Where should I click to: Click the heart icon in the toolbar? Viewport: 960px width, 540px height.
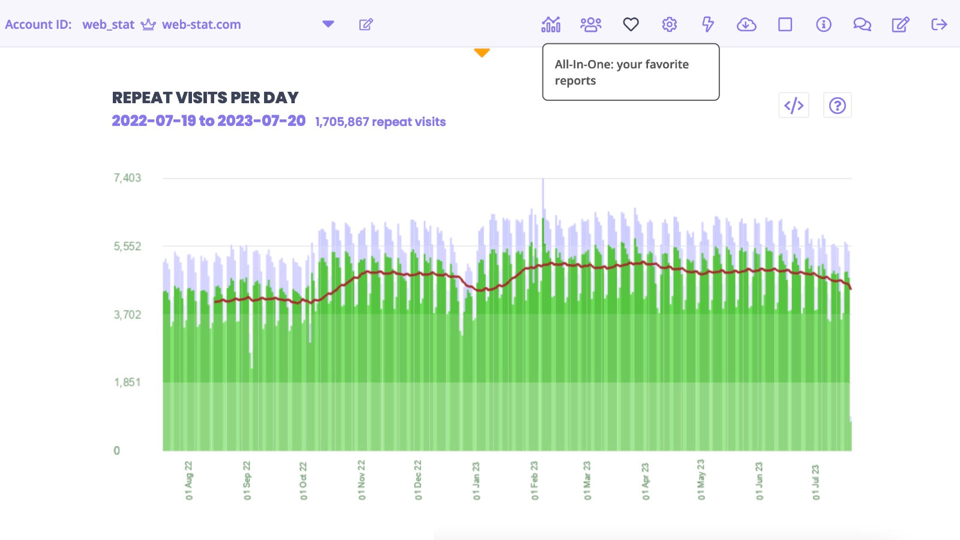point(631,25)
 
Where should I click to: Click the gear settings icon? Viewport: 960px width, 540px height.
point(670,25)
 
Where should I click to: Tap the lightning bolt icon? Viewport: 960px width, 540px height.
point(708,25)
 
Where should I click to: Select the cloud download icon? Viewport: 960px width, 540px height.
point(746,25)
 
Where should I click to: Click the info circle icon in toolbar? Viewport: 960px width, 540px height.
point(824,25)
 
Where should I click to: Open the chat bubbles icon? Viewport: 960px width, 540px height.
point(862,25)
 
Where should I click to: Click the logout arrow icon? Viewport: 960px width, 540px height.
point(939,25)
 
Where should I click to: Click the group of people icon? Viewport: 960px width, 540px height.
point(590,25)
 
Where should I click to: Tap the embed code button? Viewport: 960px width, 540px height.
point(794,106)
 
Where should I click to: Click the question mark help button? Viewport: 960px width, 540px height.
point(837,106)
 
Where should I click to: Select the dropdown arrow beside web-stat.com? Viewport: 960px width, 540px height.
point(328,24)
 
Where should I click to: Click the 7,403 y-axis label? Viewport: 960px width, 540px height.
point(127,178)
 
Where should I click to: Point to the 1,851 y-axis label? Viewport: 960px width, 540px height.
point(127,382)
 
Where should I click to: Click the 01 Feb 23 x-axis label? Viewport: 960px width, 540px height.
point(535,480)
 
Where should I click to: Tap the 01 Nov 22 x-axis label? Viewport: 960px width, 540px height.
point(361,480)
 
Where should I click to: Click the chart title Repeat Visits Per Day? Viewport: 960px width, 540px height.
point(205,98)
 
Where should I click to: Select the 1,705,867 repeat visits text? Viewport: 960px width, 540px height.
point(380,122)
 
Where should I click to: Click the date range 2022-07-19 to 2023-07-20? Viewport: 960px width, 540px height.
point(209,121)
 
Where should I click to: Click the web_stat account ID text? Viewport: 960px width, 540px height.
point(108,25)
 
